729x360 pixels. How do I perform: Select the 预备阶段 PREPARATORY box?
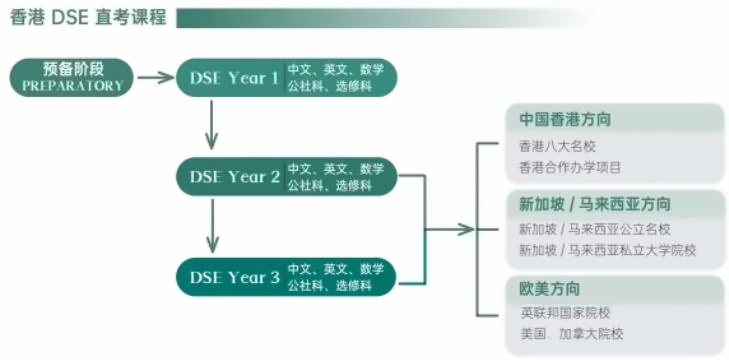73,77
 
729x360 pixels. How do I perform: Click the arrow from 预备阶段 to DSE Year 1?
156,77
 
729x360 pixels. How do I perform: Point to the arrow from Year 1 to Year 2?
211,127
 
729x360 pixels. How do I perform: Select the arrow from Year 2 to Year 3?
211,227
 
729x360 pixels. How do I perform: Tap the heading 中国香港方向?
565,119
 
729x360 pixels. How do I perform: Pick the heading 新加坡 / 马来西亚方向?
594,203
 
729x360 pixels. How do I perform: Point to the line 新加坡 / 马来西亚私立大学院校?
607,250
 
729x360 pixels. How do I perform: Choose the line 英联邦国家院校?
564,313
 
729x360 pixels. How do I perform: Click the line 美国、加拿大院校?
571,334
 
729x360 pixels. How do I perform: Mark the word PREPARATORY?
73,86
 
